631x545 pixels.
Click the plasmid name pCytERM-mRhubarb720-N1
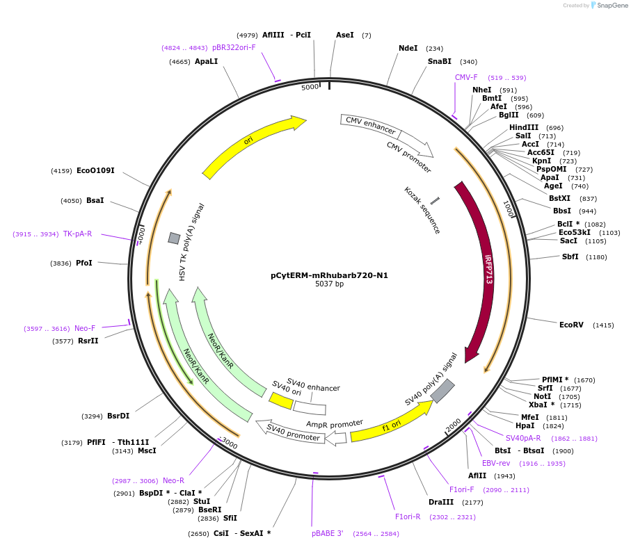coord(329,275)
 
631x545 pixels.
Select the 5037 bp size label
coord(329,284)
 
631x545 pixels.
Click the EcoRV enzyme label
coord(571,325)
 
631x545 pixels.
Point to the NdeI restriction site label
coord(408,49)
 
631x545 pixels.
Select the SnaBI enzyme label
coord(440,61)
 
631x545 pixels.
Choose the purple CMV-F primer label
coord(466,77)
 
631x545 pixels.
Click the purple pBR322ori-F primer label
coord(234,47)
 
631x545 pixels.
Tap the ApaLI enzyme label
coord(206,61)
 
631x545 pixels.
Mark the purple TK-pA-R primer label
coord(77,234)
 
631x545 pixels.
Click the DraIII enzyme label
coord(441,502)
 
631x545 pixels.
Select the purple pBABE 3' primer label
coord(327,533)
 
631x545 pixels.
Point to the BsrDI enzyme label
coord(118,416)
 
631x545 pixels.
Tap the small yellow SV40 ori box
coord(281,400)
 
